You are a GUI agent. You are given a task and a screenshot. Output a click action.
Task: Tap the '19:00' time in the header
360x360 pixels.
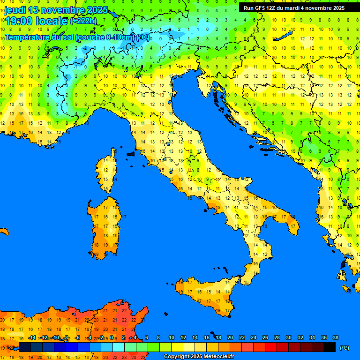point(19,21)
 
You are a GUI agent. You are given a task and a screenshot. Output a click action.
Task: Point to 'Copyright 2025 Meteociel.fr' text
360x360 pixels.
point(199,357)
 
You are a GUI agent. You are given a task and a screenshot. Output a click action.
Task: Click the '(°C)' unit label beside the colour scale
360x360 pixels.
point(344,348)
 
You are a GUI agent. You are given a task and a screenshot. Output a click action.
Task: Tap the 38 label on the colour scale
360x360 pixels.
point(336,337)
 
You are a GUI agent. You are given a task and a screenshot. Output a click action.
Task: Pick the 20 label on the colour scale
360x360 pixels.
point(230,337)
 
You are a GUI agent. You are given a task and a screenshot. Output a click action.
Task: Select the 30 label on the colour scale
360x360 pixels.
point(289,337)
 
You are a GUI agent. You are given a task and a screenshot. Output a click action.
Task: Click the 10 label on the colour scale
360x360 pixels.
point(172,337)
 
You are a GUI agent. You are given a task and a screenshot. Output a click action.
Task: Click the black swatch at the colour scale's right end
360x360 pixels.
point(330,347)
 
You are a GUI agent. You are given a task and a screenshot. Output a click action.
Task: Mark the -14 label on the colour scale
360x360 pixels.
point(32,337)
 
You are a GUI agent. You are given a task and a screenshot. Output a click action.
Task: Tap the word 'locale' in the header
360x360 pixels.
point(51,21)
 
